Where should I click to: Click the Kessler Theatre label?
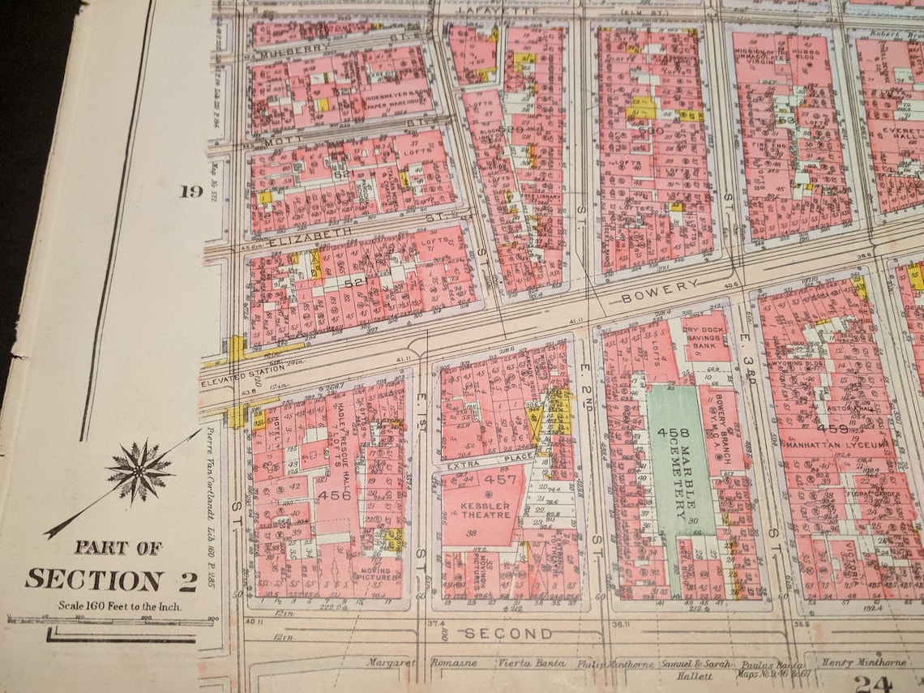coord(486,509)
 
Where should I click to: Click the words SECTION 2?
coord(111,579)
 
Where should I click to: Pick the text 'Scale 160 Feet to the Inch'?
coord(119,605)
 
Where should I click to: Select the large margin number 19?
coord(191,192)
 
